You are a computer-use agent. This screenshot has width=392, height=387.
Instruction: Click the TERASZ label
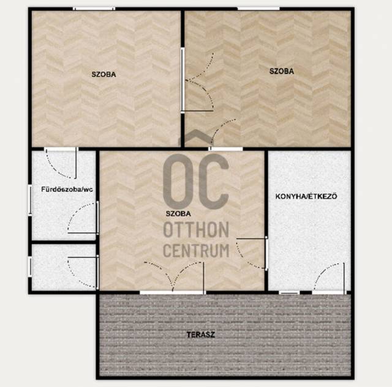[201, 334]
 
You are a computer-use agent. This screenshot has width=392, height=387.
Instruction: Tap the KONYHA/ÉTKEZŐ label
[306, 196]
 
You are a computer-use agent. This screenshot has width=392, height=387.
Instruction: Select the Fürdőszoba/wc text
[67, 190]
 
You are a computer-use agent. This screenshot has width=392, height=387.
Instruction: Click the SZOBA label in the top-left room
[104, 75]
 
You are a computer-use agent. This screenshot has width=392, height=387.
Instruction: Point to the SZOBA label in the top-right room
[282, 71]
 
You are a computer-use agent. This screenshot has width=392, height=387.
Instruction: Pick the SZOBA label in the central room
[178, 213]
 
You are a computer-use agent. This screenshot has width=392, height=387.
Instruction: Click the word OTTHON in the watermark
[196, 229]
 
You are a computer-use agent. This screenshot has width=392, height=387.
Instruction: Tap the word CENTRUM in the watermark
[196, 250]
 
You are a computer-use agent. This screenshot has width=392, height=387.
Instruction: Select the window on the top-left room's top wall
[94, 9]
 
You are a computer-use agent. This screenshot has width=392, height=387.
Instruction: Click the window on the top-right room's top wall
[258, 9]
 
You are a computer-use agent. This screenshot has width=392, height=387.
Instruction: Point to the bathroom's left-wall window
[30, 199]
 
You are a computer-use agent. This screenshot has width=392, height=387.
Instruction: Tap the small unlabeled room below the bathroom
[64, 267]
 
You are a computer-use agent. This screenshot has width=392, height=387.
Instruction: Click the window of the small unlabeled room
[30, 267]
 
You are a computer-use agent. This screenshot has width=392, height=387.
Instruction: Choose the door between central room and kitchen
[251, 254]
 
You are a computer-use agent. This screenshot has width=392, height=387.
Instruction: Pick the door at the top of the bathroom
[61, 163]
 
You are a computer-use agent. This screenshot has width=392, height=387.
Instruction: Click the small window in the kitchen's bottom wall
[289, 292]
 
